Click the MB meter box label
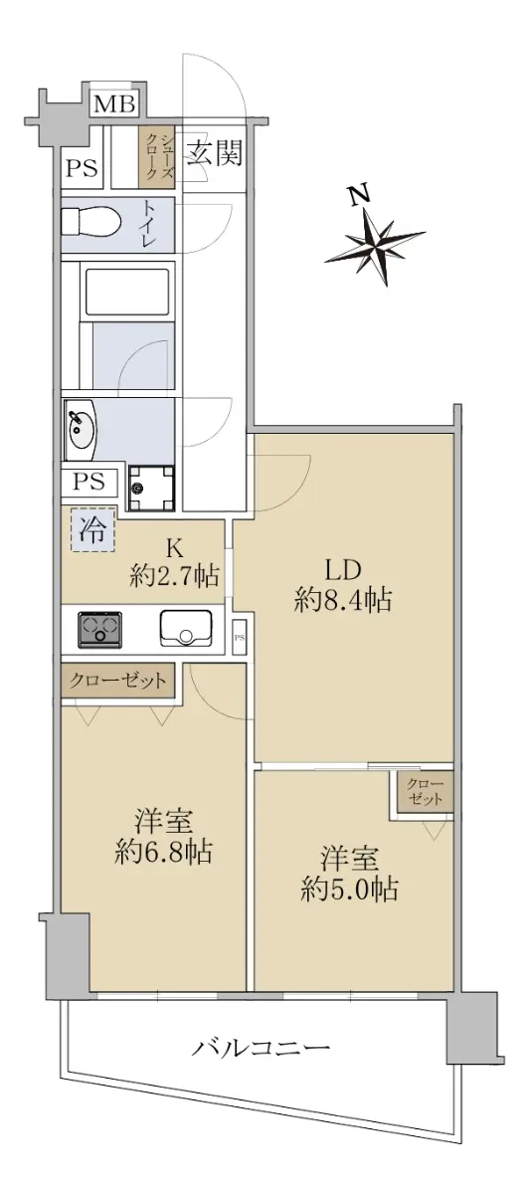[x=114, y=103]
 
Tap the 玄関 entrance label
[x=214, y=152]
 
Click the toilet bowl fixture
[x=89, y=221]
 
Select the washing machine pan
[x=151, y=489]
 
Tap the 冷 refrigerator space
[x=92, y=529]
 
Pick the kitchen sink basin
[x=185, y=628]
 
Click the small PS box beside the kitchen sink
[x=240, y=637]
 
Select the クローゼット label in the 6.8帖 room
[x=117, y=681]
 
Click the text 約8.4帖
[x=343, y=600]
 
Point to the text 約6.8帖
[x=163, y=852]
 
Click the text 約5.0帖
[x=349, y=889]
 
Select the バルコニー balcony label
[x=261, y=1049]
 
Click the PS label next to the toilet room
[x=83, y=169]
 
